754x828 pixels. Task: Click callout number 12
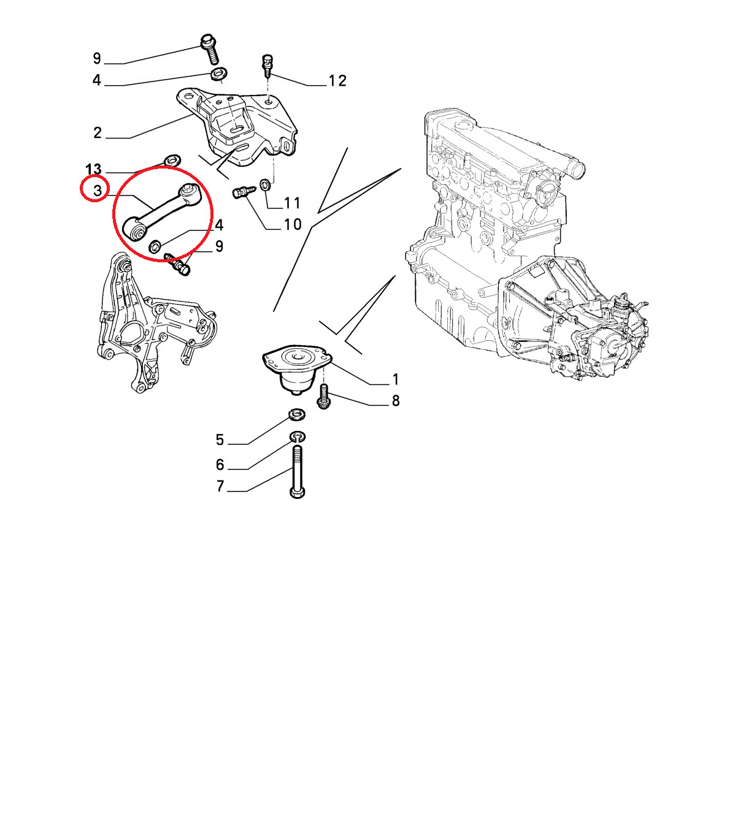pyautogui.click(x=337, y=80)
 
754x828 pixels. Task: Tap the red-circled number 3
pyautogui.click(x=98, y=190)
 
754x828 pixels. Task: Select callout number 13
pyautogui.click(x=93, y=169)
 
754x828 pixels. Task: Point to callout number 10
pyautogui.click(x=292, y=224)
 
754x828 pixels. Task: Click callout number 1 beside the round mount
pyautogui.click(x=395, y=379)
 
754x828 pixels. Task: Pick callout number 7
pyautogui.click(x=220, y=486)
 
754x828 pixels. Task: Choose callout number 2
pyautogui.click(x=97, y=133)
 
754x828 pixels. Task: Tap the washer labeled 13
pyautogui.click(x=172, y=159)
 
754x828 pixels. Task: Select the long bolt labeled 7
pyautogui.click(x=298, y=471)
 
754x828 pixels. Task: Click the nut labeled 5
pyautogui.click(x=296, y=414)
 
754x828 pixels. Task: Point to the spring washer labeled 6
pyautogui.click(x=298, y=436)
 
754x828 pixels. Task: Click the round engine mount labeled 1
pyautogui.click(x=297, y=370)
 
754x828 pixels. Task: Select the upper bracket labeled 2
pyautogui.click(x=237, y=126)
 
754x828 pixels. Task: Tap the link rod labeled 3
pyautogui.click(x=163, y=211)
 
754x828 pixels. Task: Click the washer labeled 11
pyautogui.click(x=266, y=184)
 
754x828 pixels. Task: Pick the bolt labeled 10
pyautogui.click(x=244, y=192)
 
